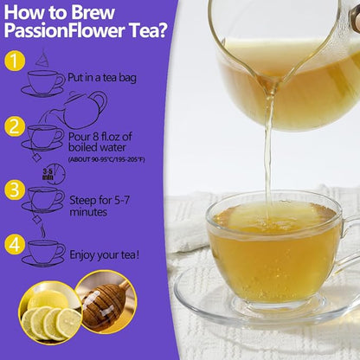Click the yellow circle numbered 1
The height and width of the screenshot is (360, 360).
(x=15, y=61)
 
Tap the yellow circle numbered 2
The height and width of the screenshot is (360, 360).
(x=15, y=126)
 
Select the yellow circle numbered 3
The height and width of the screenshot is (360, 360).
(x=15, y=190)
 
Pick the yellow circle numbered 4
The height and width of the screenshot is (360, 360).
(x=15, y=245)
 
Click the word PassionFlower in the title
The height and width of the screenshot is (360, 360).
(x=65, y=30)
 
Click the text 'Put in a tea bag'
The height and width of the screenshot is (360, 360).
(x=102, y=78)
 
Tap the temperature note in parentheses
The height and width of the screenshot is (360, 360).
(x=106, y=159)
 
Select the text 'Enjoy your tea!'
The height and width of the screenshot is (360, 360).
(x=105, y=255)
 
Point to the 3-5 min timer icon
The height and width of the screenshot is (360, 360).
(x=54, y=174)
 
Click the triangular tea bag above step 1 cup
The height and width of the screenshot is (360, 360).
(x=42, y=59)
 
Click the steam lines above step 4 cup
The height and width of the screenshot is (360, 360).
(x=42, y=231)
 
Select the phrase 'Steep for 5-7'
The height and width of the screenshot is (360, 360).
(x=100, y=200)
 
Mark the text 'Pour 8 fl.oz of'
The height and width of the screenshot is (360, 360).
(x=100, y=137)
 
